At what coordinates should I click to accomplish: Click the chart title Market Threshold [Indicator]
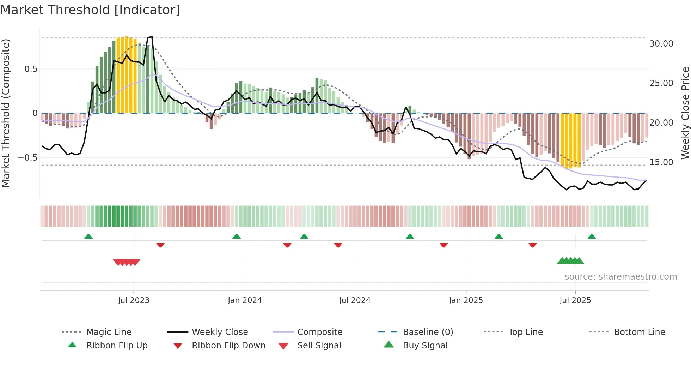pyautogui.click(x=90, y=10)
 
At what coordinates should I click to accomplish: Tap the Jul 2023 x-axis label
pyautogui.click(x=134, y=300)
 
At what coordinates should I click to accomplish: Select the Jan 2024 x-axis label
pyautogui.click(x=245, y=300)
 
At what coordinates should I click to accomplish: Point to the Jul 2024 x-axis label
pyautogui.click(x=355, y=300)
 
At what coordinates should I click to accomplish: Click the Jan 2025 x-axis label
pyautogui.click(x=466, y=300)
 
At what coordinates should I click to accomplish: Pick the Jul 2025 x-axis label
pyautogui.click(x=575, y=300)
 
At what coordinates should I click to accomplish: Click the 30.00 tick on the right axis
pyautogui.click(x=661, y=44)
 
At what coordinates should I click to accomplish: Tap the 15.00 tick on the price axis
pyautogui.click(x=661, y=162)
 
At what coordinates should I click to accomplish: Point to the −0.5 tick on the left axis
pyautogui.click(x=28, y=157)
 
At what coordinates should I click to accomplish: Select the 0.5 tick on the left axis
pyautogui.click(x=31, y=69)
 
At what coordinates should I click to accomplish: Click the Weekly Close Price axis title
pyautogui.click(x=685, y=113)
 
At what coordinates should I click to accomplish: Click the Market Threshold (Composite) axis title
pyautogui.click(x=6, y=113)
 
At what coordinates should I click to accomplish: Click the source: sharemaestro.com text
pyautogui.click(x=620, y=277)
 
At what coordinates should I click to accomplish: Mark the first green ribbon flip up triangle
pyautogui.click(x=88, y=237)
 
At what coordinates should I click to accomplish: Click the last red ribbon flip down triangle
pyautogui.click(x=532, y=245)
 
